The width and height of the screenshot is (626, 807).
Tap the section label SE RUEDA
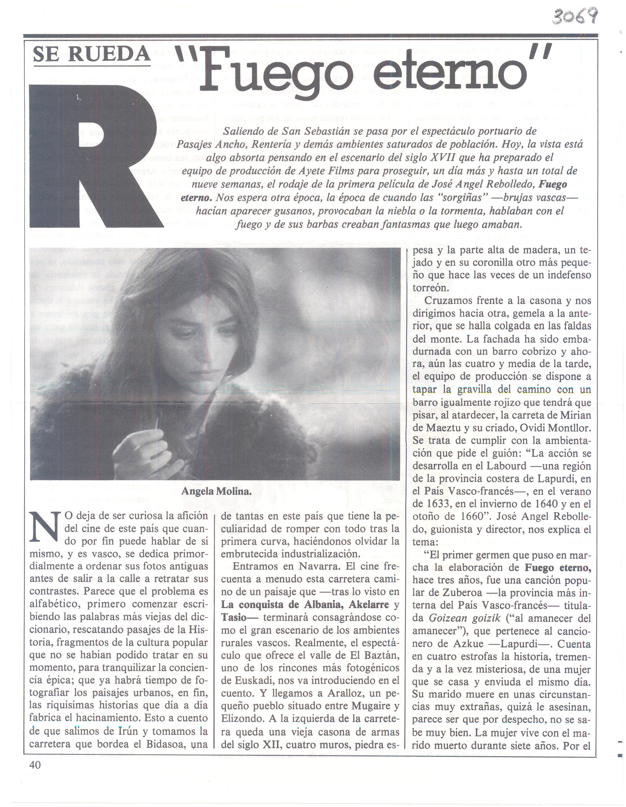(92, 55)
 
